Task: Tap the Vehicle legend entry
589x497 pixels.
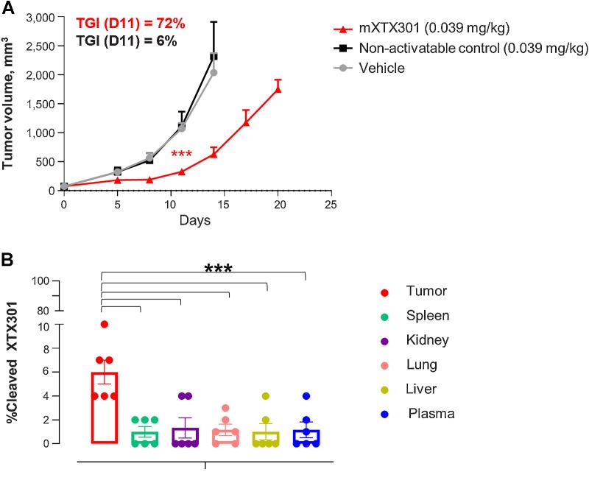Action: [382, 68]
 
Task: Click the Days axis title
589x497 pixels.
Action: [196, 220]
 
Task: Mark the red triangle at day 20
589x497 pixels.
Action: [278, 88]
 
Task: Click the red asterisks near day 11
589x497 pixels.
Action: [181, 155]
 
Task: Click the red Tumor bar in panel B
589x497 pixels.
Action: [104, 407]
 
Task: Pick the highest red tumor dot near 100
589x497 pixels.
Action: [105, 325]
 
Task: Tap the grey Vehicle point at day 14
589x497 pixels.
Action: [214, 72]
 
